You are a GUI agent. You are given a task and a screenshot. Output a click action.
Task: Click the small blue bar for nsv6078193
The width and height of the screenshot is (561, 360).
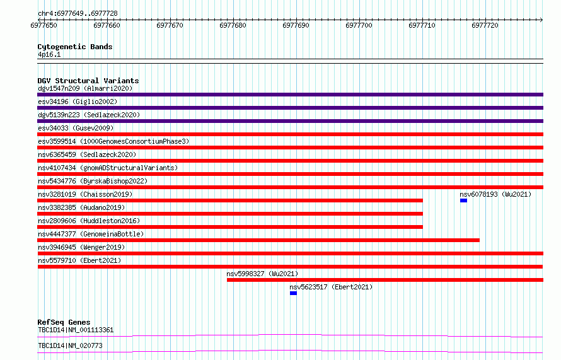463,200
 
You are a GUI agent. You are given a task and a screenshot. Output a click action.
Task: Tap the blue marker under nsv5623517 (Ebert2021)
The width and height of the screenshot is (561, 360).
293,293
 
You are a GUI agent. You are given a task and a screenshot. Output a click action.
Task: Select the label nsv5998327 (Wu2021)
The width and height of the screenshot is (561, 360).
262,274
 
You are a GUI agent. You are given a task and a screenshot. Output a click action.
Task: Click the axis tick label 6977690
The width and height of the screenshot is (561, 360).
296,25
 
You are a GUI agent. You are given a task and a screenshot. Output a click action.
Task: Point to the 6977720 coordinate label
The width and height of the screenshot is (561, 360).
485,25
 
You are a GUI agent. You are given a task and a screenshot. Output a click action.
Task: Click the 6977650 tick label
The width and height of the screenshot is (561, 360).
43,25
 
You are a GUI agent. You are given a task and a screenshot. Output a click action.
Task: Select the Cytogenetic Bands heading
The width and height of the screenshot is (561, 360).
75,47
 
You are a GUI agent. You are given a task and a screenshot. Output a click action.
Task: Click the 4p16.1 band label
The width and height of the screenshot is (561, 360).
49,54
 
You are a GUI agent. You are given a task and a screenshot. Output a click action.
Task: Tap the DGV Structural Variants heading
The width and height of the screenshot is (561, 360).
88,81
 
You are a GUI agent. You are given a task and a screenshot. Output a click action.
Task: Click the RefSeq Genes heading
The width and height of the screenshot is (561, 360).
64,322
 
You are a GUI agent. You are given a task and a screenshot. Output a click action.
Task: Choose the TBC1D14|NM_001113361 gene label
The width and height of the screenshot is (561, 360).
76,330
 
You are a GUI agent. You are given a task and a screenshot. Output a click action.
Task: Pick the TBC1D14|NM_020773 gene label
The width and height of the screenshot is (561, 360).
70,345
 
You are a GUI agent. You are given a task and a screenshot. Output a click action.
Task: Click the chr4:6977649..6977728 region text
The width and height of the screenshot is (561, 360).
78,13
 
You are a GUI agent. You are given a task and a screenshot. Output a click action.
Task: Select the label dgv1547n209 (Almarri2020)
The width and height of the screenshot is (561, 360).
85,88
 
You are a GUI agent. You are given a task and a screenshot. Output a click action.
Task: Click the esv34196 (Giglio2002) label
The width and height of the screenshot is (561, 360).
78,102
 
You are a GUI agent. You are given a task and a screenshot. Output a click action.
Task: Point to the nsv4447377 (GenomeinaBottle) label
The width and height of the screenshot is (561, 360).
91,234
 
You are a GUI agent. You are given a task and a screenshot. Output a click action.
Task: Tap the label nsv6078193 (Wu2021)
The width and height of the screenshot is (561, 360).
495,194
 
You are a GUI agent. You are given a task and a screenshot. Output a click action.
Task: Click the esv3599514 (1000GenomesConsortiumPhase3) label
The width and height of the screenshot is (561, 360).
113,141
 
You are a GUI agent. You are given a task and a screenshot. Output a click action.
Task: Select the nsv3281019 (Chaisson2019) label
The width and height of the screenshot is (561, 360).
85,194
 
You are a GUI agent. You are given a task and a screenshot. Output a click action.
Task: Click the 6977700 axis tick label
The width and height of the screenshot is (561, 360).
359,25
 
